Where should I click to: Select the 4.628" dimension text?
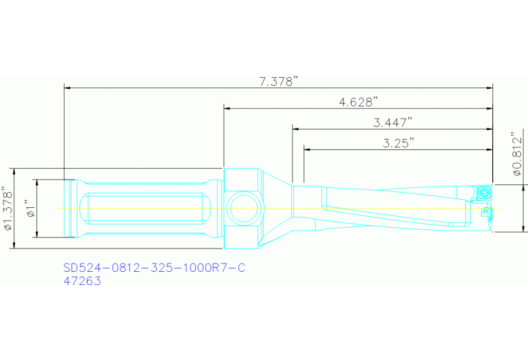coord(359,102)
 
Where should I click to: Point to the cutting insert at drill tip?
coord(485,192)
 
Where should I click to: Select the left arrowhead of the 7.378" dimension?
coord(67,87)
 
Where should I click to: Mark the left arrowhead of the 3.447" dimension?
coord(295,128)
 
